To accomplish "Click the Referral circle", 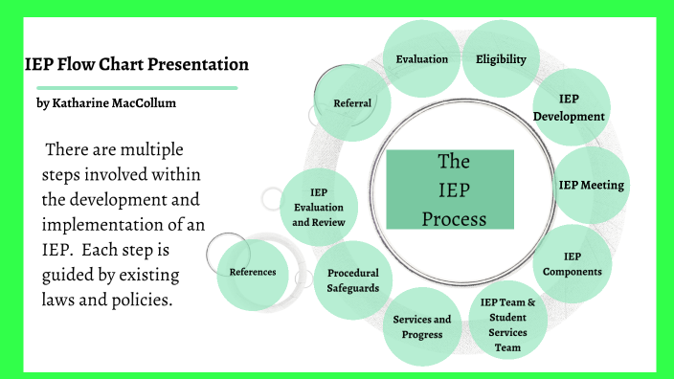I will coord(352,102).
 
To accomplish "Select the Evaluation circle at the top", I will coord(422,59).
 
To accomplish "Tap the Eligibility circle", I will coord(501,59).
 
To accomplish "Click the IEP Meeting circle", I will coord(591,185).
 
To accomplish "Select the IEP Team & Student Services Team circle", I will coord(508,325).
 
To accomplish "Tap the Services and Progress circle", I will coord(422,326).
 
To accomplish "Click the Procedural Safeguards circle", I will coord(352,280).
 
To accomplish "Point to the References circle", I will coord(253,272).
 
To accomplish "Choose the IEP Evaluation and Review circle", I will coord(319,208).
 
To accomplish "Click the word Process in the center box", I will coord(454,219).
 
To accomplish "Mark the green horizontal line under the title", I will coord(129,87).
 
